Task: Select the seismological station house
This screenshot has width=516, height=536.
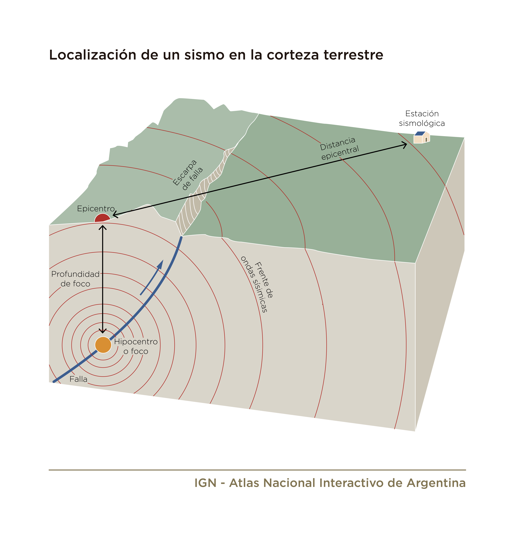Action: [421, 137]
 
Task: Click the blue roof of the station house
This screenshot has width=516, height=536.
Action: [420, 133]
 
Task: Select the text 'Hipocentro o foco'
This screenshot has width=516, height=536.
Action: [136, 346]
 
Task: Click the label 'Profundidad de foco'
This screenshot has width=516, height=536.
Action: [75, 279]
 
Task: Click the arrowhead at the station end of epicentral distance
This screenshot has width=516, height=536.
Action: [404, 145]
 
